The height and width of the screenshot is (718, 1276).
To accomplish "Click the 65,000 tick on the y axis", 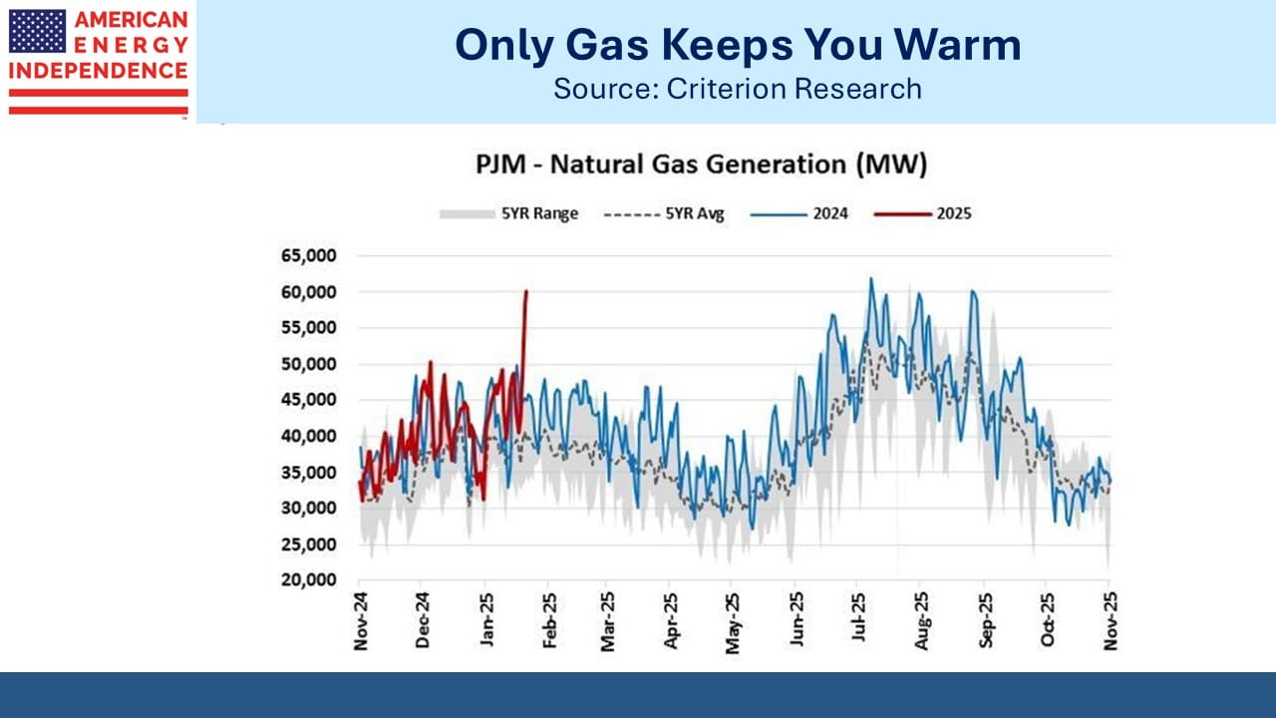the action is pos(309,256).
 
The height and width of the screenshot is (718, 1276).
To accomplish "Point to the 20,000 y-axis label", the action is pos(309,580).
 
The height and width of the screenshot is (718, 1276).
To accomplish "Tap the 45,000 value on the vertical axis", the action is pos(309,400).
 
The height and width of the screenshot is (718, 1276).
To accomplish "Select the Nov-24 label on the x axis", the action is pos(361,621).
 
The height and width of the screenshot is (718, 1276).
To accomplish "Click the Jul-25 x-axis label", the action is pos(858,617).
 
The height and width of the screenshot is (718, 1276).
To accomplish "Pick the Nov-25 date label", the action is pos(1111,621).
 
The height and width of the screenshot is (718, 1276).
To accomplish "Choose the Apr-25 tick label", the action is pos(671,620).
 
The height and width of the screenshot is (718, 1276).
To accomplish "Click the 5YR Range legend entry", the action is pos(508,214).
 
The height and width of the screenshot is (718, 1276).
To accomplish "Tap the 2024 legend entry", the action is pos(799,214).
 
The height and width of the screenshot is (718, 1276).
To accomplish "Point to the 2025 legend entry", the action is pos(923,214).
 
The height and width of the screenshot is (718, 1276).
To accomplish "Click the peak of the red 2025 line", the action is pos(525,292).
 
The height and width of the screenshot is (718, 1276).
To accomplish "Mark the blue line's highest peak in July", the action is pos(870,278).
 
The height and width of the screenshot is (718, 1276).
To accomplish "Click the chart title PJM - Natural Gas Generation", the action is pos(701,165).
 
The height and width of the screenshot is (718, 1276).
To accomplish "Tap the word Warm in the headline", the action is pos(958,45).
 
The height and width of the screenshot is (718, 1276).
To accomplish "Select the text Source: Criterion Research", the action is pos(738,89).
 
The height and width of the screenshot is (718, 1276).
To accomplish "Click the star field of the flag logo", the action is pos(37,31).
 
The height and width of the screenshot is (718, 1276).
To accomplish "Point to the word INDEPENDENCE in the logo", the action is pos(98,71).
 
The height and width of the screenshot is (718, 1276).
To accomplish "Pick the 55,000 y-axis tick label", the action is pos(309,328).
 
